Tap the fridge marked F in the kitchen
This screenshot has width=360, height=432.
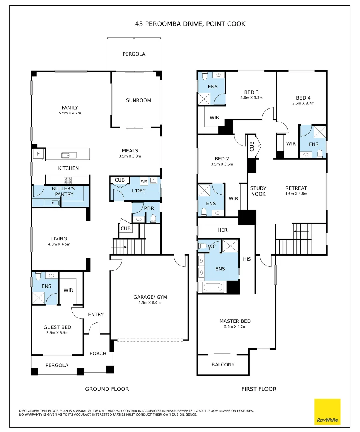tap(38, 154)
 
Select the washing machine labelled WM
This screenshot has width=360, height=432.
tap(144, 181)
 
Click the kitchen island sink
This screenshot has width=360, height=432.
tap(69, 155)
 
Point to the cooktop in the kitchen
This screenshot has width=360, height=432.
tap(68, 180)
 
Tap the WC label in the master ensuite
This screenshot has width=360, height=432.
tap(212, 246)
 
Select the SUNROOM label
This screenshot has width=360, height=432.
tap(138, 100)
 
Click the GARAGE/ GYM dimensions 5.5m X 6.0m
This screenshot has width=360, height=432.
tap(150, 302)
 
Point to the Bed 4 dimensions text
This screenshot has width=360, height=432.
tap(303, 103)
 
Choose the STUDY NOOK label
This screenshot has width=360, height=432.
tap(258, 191)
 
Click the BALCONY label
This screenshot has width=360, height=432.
tap(223, 364)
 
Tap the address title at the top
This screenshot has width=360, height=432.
tap(190, 24)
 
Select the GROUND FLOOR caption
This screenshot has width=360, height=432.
tap(107, 389)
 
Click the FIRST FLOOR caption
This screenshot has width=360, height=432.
tap(259, 389)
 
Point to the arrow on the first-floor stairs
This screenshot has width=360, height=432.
tap(301, 232)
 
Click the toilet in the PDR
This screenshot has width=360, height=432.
tap(154, 218)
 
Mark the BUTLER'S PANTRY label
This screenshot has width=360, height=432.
tap(64, 192)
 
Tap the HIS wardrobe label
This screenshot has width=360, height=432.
tap(247, 259)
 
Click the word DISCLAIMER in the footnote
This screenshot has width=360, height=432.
tap(29, 411)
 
